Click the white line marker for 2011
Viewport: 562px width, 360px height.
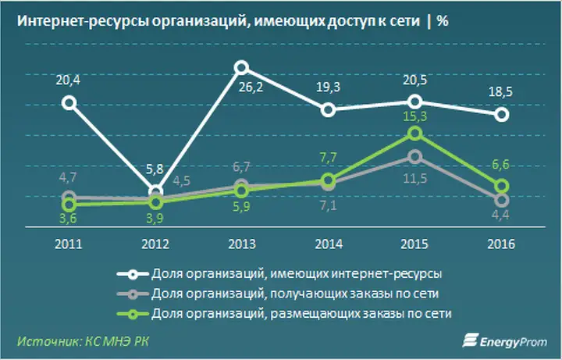pyautogui.click(x=69, y=102)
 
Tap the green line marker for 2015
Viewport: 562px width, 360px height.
pyautogui.click(x=415, y=134)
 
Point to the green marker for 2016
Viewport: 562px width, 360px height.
pyautogui.click(x=503, y=186)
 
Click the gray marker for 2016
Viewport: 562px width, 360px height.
pyautogui.click(x=503, y=199)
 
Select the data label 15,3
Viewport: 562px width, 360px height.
pyautogui.click(x=415, y=116)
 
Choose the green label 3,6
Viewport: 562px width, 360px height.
pyautogui.click(x=69, y=222)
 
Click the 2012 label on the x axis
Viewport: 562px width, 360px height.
pyautogui.click(x=155, y=244)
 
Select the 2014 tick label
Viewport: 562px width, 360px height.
pyautogui.click(x=329, y=244)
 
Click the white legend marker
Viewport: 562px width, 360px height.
pyautogui.click(x=133, y=274)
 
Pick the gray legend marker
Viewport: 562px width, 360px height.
pyautogui.click(x=133, y=293)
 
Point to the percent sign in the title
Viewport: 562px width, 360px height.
pyautogui.click(x=443, y=21)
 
